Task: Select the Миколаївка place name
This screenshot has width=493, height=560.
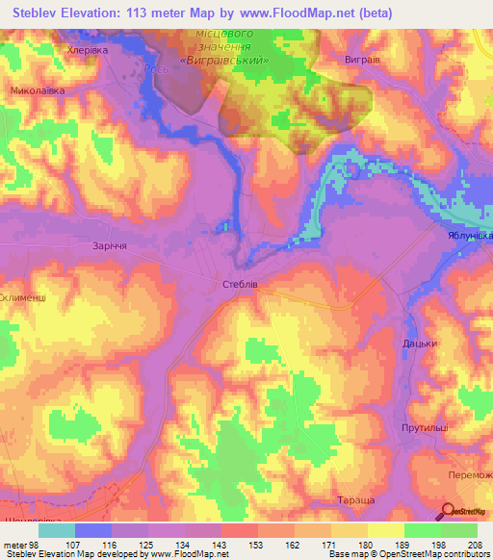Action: coord(38,90)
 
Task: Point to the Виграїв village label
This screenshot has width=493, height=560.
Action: coord(364,59)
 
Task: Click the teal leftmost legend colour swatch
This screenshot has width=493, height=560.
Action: coord(57,530)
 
